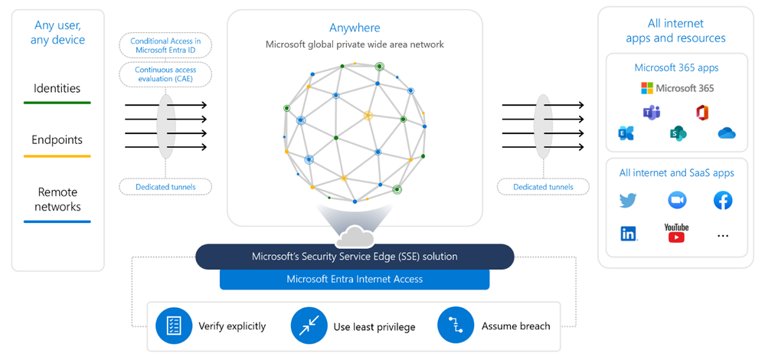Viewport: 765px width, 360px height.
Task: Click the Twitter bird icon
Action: [x=628, y=201]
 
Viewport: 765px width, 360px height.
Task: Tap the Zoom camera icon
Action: [x=677, y=201]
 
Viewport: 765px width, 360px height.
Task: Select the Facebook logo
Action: [x=722, y=201]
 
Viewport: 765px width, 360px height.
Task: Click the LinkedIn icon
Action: [x=629, y=234]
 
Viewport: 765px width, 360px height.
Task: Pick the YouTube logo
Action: [x=676, y=232]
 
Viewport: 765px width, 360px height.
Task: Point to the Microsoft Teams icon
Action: [x=652, y=113]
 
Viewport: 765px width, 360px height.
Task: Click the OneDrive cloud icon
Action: [x=727, y=133]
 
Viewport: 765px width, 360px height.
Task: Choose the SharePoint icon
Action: [x=677, y=133]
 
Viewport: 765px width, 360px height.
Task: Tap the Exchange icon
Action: [x=626, y=133]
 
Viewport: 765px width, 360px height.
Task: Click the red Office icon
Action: [x=700, y=113]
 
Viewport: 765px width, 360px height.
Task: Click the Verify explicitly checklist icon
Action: [x=173, y=326]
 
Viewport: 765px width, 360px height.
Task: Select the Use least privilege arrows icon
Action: [x=309, y=326]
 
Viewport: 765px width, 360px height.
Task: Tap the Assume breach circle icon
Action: [x=456, y=326]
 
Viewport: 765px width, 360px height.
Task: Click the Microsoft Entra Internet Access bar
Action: [x=355, y=279]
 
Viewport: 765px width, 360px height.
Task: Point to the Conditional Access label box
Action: [x=165, y=45]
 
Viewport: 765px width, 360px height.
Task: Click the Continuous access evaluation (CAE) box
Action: [x=165, y=74]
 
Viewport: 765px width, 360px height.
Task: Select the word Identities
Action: [x=57, y=89]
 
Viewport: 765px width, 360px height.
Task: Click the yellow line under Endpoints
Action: [x=57, y=156]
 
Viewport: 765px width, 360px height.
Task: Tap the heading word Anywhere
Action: [x=355, y=28]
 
